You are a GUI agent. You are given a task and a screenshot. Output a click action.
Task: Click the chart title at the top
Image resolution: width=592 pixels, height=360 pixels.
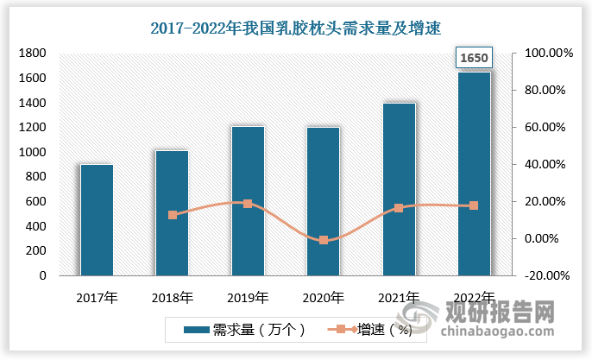point(295,28)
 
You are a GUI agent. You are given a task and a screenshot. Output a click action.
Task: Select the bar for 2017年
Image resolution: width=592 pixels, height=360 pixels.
point(97,220)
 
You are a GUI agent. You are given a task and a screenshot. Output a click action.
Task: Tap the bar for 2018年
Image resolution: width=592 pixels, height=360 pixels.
point(172,213)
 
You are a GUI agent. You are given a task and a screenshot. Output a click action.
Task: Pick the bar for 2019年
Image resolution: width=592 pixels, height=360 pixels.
point(248,201)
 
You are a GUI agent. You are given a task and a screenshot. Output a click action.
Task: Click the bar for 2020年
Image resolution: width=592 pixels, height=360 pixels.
point(323,201)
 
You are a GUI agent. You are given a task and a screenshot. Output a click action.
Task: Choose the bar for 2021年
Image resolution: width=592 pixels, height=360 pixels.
point(399,189)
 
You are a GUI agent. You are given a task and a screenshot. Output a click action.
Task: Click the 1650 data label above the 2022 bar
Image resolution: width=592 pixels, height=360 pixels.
point(474,58)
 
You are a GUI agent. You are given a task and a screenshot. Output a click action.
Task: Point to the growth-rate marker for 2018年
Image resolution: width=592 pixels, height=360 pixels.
point(173,215)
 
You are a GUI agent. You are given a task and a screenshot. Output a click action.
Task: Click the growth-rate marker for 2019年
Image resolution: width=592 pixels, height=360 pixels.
point(248,204)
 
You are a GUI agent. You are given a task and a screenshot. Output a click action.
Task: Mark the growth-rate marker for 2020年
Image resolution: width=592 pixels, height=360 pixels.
point(324,240)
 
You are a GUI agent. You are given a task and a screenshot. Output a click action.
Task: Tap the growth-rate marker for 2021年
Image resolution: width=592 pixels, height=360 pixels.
point(399,208)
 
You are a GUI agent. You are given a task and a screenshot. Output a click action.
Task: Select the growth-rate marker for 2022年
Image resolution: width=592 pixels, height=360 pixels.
point(474,205)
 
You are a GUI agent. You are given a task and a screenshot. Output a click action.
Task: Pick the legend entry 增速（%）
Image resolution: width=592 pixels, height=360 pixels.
point(368,329)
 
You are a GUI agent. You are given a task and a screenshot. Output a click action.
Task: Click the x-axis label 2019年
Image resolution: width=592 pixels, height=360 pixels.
point(248,298)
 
